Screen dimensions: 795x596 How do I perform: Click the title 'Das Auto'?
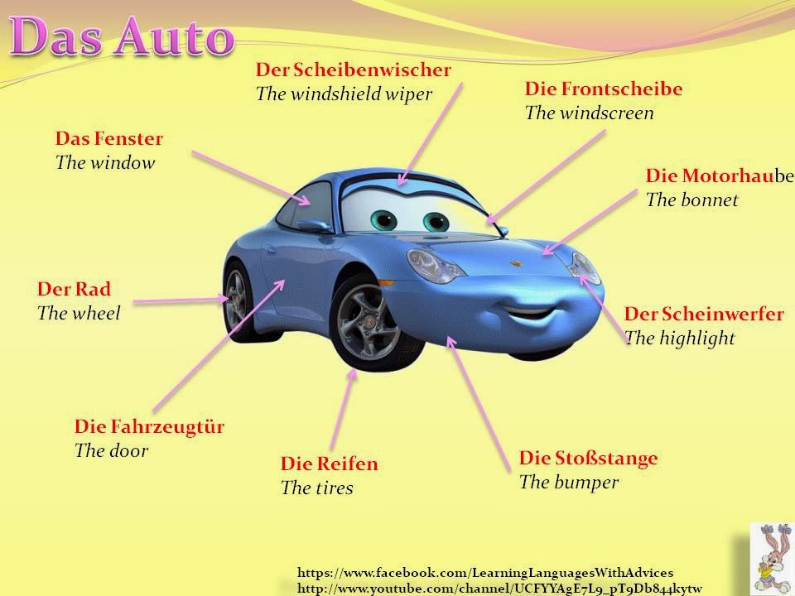click(122, 38)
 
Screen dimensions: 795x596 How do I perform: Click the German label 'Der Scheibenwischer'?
click(353, 70)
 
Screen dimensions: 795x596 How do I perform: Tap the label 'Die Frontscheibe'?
click(591, 89)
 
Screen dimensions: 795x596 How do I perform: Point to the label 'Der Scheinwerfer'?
click(703, 315)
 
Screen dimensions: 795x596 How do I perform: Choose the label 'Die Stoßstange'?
click(588, 458)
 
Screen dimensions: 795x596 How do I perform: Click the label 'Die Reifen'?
click(329, 464)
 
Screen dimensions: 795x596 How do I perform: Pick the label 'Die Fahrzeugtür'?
click(149, 427)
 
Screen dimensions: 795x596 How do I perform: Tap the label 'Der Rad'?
click(74, 290)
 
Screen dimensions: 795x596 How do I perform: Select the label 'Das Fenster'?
click(109, 138)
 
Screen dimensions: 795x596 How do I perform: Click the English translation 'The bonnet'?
click(691, 199)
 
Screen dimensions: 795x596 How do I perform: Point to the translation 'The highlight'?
click(680, 338)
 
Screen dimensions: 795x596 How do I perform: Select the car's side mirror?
click(312, 224)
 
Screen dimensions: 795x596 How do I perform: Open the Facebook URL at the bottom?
click(484, 572)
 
